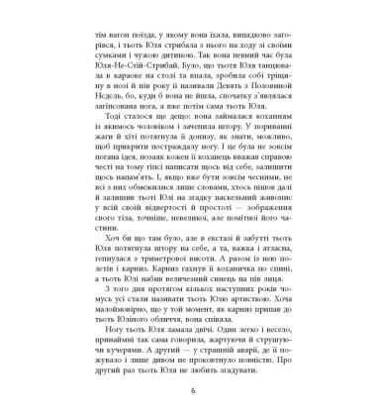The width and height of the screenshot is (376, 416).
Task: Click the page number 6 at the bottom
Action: (x=187, y=394)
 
